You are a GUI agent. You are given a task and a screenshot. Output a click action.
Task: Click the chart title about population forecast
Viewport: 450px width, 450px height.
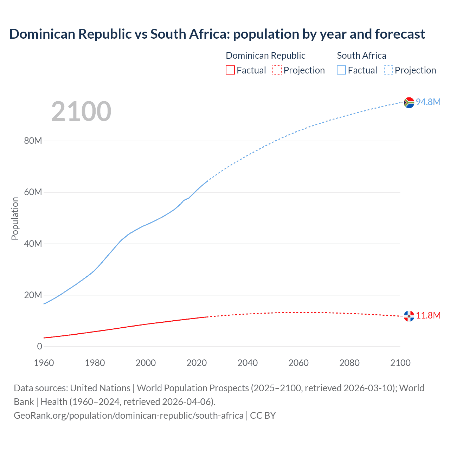pos(217,34)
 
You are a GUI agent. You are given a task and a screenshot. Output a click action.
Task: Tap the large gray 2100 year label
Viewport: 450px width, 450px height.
pos(81,111)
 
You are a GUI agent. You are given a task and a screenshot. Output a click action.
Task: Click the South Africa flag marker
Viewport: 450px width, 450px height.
pos(409,102)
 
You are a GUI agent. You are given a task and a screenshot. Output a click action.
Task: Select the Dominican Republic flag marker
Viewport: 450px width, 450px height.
pos(409,316)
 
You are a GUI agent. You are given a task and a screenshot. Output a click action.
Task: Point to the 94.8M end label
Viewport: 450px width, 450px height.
pos(428,102)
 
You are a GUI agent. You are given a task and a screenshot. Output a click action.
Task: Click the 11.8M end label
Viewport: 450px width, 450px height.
pos(428,315)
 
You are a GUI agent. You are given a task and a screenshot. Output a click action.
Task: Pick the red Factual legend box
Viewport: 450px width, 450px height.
pos(230,70)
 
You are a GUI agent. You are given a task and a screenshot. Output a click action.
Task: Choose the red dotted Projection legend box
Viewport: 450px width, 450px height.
pos(277,70)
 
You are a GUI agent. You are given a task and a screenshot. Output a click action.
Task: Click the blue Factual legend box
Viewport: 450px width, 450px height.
pos(341,70)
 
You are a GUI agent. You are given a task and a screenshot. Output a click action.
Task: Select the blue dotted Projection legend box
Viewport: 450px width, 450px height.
pos(388,70)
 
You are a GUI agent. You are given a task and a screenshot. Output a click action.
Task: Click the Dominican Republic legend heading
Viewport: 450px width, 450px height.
pos(265,56)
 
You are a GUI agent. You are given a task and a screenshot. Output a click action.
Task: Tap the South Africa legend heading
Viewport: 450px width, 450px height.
pos(361,56)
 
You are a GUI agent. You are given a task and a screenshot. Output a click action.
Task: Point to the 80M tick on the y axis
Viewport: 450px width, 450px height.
pos(33,141)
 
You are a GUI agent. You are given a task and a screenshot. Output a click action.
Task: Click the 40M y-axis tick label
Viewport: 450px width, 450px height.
pos(33,244)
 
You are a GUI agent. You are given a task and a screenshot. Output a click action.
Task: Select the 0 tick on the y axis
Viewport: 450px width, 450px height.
pos(39,346)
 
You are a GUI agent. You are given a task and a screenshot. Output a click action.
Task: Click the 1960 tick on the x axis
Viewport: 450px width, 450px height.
pos(44,363)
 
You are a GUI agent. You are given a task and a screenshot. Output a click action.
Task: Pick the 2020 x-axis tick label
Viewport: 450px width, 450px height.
pos(197,363)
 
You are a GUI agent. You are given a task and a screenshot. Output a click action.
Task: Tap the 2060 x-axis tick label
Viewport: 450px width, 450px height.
pos(298,363)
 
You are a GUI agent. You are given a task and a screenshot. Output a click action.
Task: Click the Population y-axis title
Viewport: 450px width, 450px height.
pos(15,218)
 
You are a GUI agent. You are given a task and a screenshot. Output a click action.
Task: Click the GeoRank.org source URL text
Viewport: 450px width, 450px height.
pos(128,415)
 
